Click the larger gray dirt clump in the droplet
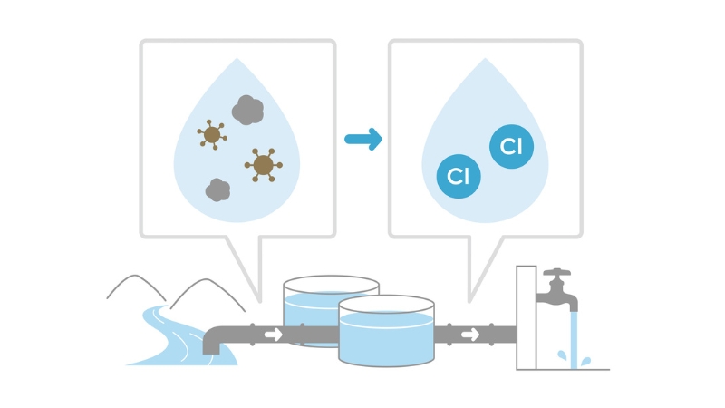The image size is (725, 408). click(247, 111)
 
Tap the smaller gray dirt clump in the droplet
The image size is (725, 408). click(217, 189)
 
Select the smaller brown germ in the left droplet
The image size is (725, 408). click(212, 135)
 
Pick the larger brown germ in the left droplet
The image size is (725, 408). click(263, 164)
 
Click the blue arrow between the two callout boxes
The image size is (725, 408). click(362, 139)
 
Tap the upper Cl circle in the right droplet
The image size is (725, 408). click(511, 146)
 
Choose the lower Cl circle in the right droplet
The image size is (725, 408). click(459, 176)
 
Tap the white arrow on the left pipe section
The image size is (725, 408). click(273, 334)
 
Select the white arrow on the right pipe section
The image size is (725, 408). click(469, 334)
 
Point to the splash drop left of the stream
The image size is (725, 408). click(561, 355)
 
